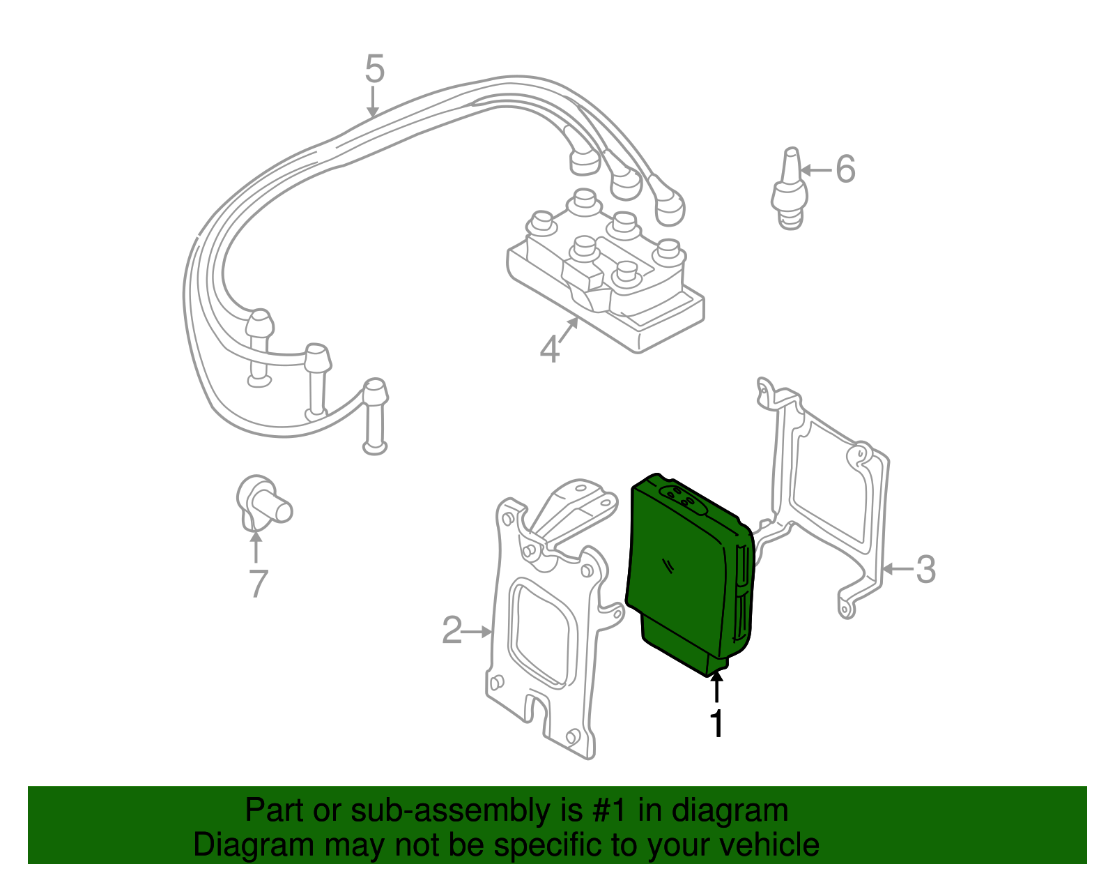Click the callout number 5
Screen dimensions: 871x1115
(374, 70)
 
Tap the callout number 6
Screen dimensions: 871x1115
(845, 169)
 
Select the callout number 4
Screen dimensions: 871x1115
(550, 349)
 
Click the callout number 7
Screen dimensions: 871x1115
(258, 584)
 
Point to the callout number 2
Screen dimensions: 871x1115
(452, 630)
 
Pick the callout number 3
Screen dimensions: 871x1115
(925, 569)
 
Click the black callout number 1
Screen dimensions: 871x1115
(716, 723)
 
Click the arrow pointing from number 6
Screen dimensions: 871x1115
(815, 170)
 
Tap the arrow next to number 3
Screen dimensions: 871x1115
(897, 569)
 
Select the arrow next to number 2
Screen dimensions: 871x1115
(478, 632)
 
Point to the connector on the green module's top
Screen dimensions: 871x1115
(682, 499)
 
